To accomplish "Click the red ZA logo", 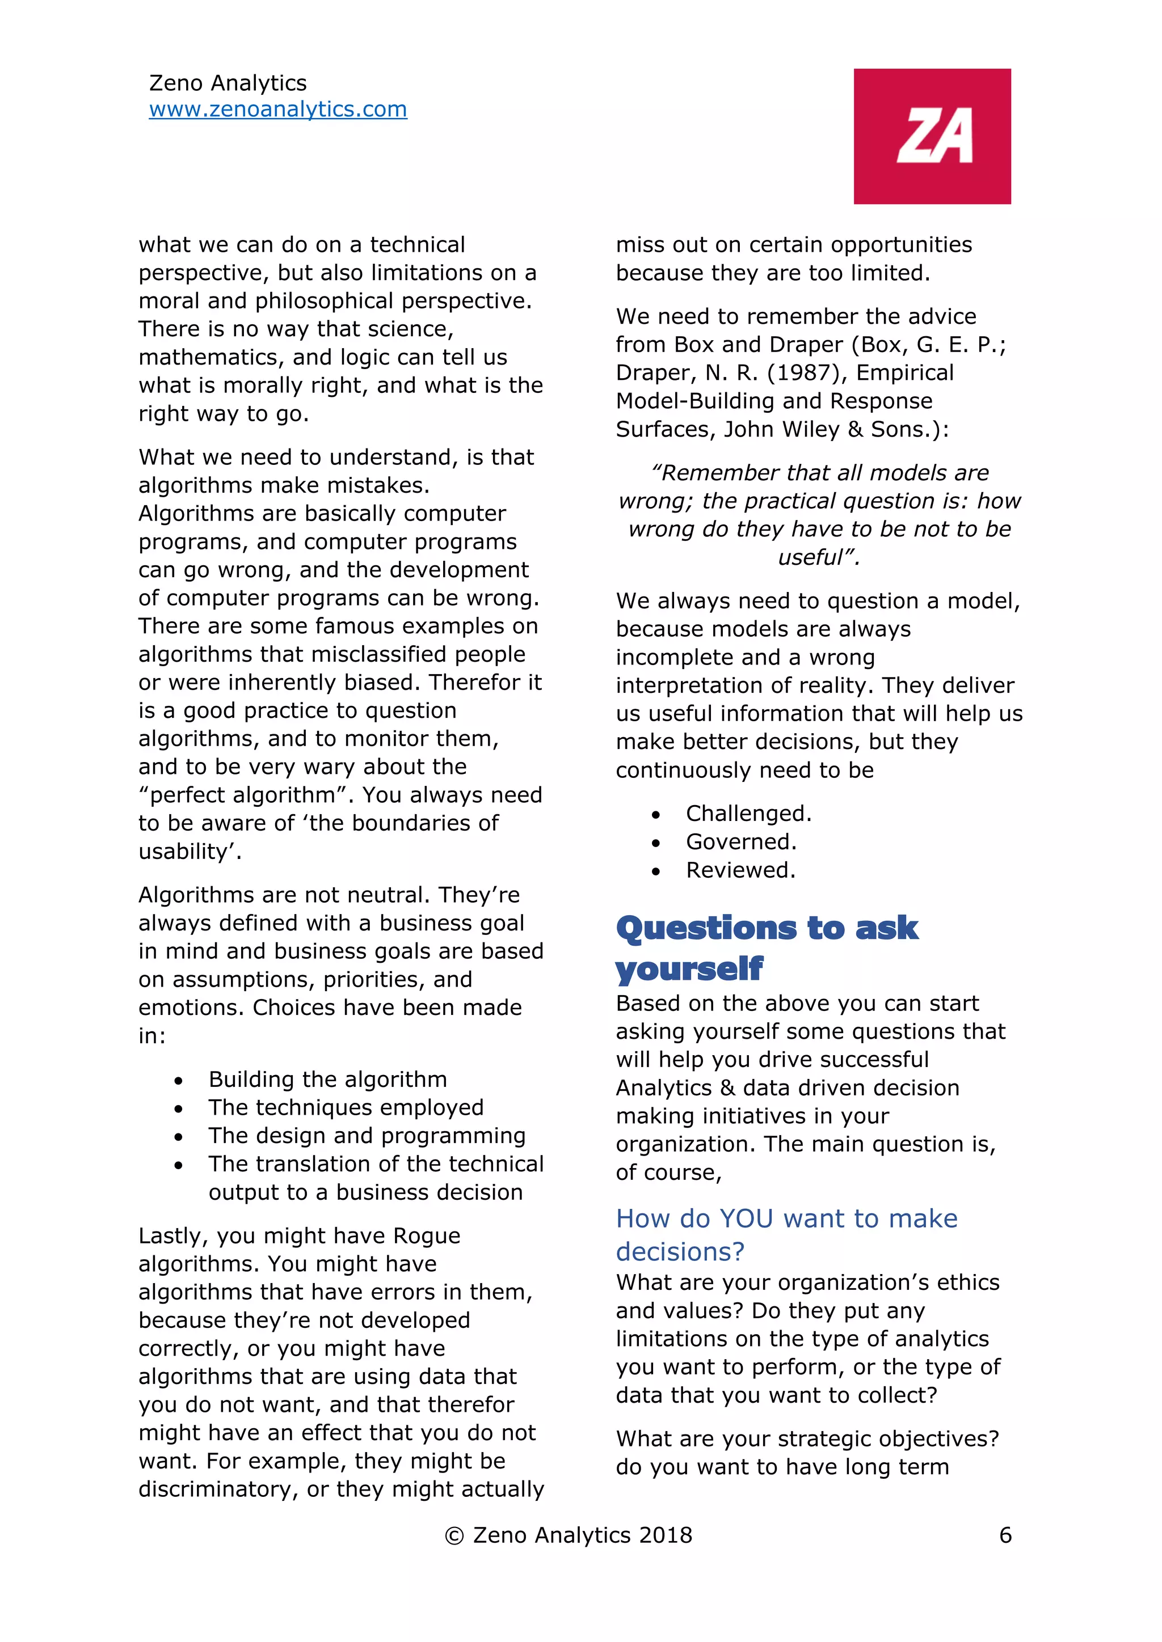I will (x=932, y=136).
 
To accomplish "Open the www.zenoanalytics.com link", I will (x=277, y=109).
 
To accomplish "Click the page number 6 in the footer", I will (x=1005, y=1535).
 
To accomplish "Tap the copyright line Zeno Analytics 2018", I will (x=569, y=1535).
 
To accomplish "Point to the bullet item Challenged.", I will (x=748, y=813).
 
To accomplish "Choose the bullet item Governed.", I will (x=740, y=842).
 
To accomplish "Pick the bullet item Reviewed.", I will (x=740, y=870).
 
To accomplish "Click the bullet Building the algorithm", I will (x=328, y=1079).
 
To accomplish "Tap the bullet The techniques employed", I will (x=346, y=1107).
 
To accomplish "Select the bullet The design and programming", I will (x=367, y=1136).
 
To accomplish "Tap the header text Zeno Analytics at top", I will (x=228, y=83).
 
